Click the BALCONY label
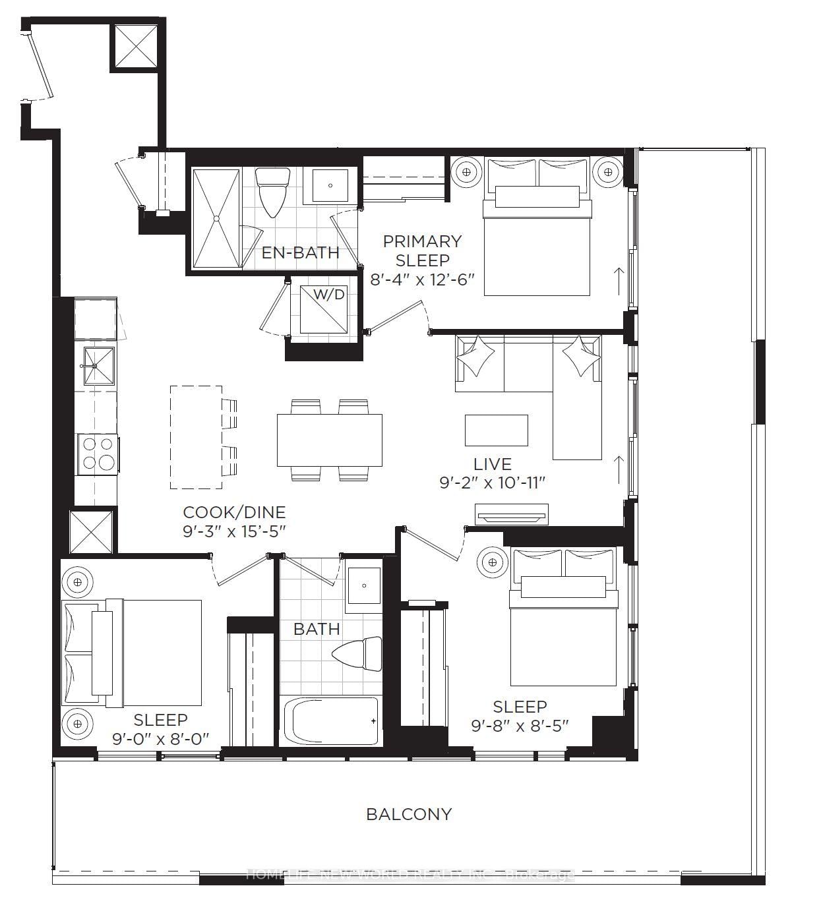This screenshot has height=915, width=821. [409, 814]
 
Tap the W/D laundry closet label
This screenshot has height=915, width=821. [328, 295]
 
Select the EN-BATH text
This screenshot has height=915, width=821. [301, 252]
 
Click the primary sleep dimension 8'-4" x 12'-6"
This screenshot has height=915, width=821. [423, 280]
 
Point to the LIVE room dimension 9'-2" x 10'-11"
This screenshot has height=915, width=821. [493, 483]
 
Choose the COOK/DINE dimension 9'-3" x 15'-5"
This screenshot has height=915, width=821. [234, 531]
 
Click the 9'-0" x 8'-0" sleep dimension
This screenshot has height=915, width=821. [160, 739]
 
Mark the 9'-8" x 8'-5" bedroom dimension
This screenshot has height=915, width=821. [520, 726]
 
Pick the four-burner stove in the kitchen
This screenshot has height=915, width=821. [98, 453]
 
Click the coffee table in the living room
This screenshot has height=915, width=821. [496, 430]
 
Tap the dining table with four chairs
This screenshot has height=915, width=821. [329, 440]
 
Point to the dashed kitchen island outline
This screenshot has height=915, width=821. [196, 437]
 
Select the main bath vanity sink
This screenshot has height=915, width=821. [364, 585]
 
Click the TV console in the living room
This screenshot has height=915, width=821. [511, 514]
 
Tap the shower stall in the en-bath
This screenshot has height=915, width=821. [216, 219]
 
